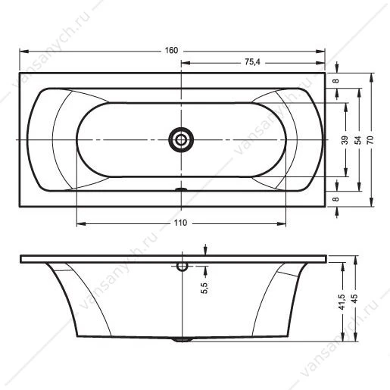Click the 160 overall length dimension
pos(171,51)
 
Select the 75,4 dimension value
pos(252,62)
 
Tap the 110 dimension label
pos(180,223)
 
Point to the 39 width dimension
pos(345,140)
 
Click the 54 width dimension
pos(357,140)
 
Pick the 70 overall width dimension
pos(370,140)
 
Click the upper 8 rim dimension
pos(335,81)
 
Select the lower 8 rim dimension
pos(335,199)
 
